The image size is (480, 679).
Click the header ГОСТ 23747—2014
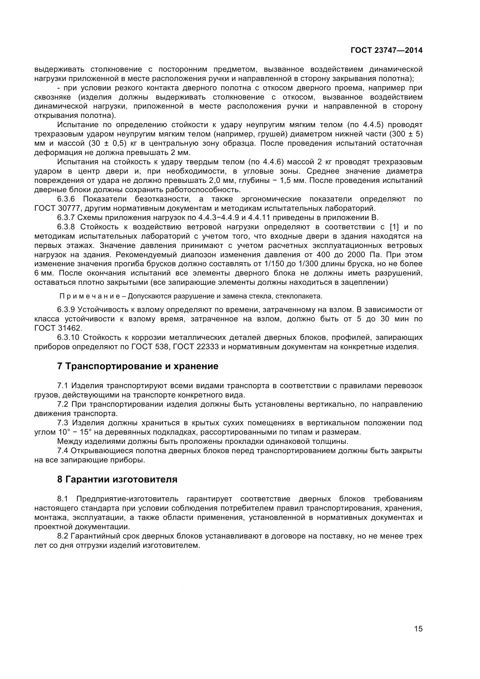tap(386, 51)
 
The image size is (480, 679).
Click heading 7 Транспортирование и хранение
tap(138, 366)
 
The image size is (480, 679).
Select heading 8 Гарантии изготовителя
tap(117, 479)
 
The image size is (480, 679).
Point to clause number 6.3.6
tap(66, 199)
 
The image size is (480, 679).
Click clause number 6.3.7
tap(66, 218)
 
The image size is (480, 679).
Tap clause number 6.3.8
tap(66, 227)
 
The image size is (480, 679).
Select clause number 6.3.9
tap(66, 310)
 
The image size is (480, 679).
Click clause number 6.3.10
tap(68, 337)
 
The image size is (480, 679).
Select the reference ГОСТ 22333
tap(196, 347)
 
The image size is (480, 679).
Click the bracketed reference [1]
tap(394, 227)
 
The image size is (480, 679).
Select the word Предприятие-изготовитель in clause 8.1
tap(127, 499)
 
